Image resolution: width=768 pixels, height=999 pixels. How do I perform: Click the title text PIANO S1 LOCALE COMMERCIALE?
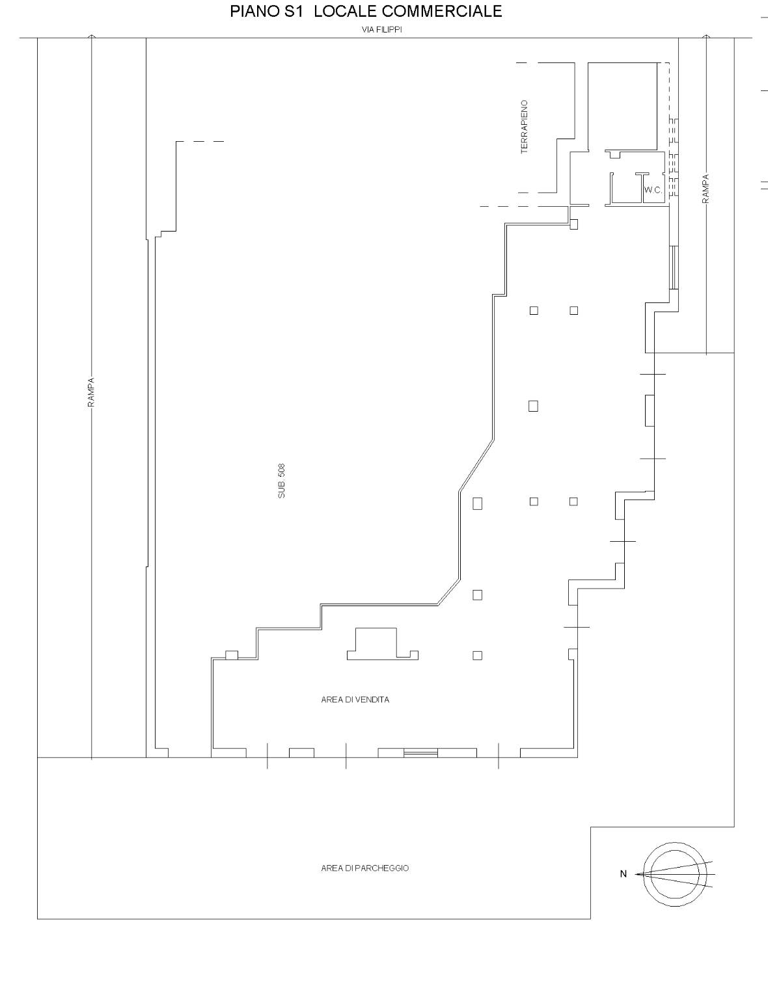(366, 12)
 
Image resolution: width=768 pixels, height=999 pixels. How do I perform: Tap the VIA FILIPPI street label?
(382, 30)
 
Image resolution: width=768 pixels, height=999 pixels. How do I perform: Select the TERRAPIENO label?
(525, 127)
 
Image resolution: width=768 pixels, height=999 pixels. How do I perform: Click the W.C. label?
(653, 190)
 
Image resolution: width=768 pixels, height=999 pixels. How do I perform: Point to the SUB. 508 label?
(281, 481)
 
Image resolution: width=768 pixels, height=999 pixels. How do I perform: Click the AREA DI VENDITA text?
(355, 700)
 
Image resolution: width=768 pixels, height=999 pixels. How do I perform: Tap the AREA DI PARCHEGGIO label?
(364, 868)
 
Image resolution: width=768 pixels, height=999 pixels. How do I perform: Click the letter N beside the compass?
(623, 874)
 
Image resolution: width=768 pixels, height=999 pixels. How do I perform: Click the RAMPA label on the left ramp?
(91, 392)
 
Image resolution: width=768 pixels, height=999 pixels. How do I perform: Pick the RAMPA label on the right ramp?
(706, 189)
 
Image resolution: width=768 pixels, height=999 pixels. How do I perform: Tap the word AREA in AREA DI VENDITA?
(331, 700)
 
